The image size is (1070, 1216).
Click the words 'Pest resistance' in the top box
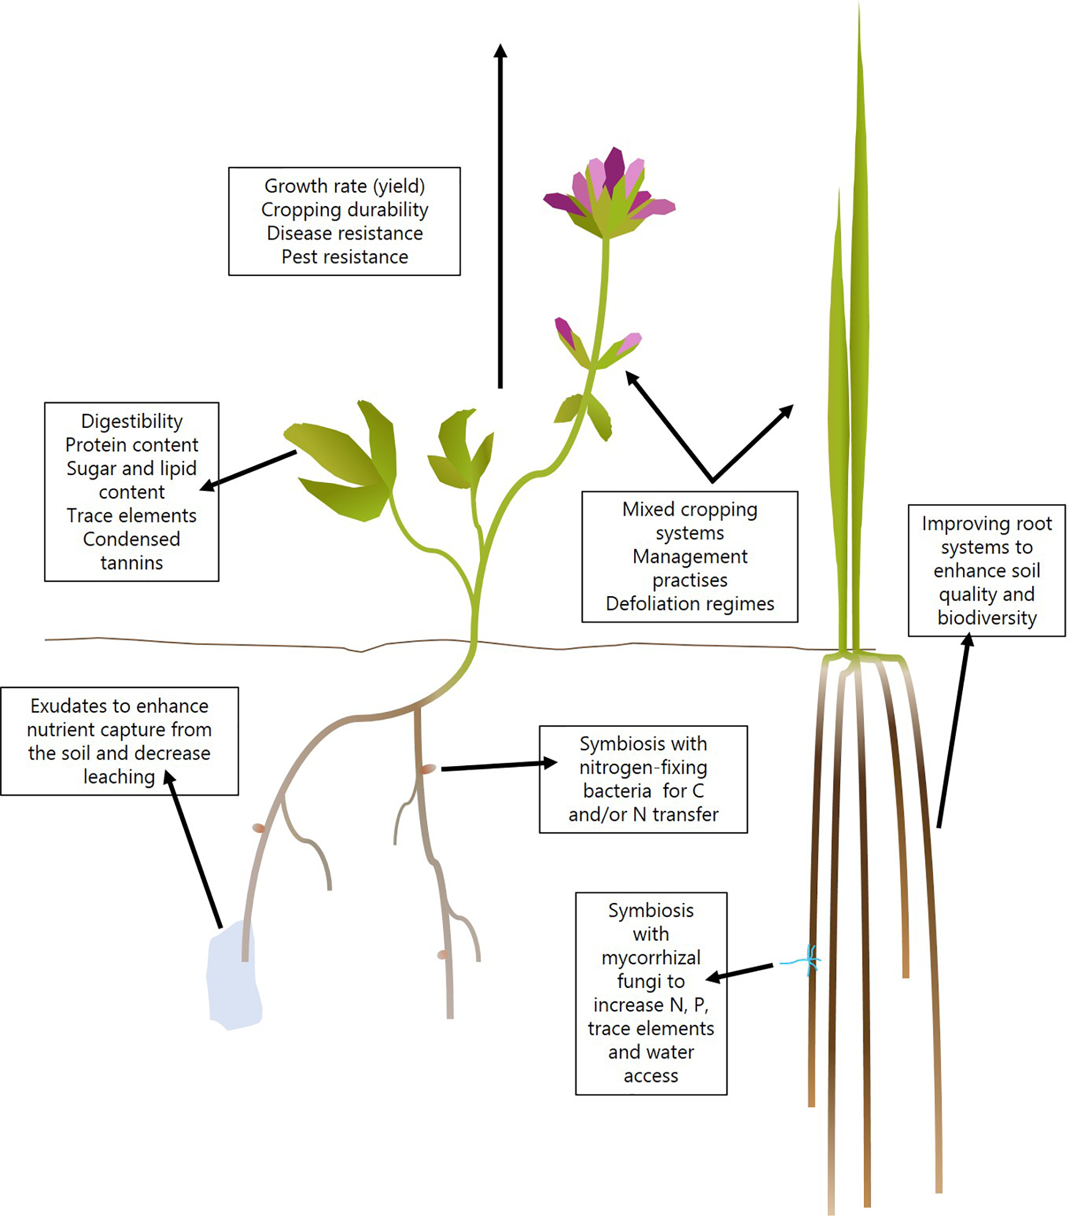345,257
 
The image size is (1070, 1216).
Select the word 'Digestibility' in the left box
132,421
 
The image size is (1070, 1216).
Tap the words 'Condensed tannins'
132,551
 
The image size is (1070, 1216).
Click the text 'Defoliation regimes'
690,604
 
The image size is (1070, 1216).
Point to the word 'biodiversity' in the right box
987,618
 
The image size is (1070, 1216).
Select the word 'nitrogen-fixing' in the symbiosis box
643,767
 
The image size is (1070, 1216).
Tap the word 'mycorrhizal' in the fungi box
650,958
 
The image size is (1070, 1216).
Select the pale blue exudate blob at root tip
233,976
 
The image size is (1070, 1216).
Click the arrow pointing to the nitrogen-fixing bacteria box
499,766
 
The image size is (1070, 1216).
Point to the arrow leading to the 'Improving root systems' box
953,732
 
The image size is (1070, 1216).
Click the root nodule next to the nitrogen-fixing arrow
427,769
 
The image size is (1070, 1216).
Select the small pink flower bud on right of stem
628,343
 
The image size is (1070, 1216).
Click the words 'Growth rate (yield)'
345,186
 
